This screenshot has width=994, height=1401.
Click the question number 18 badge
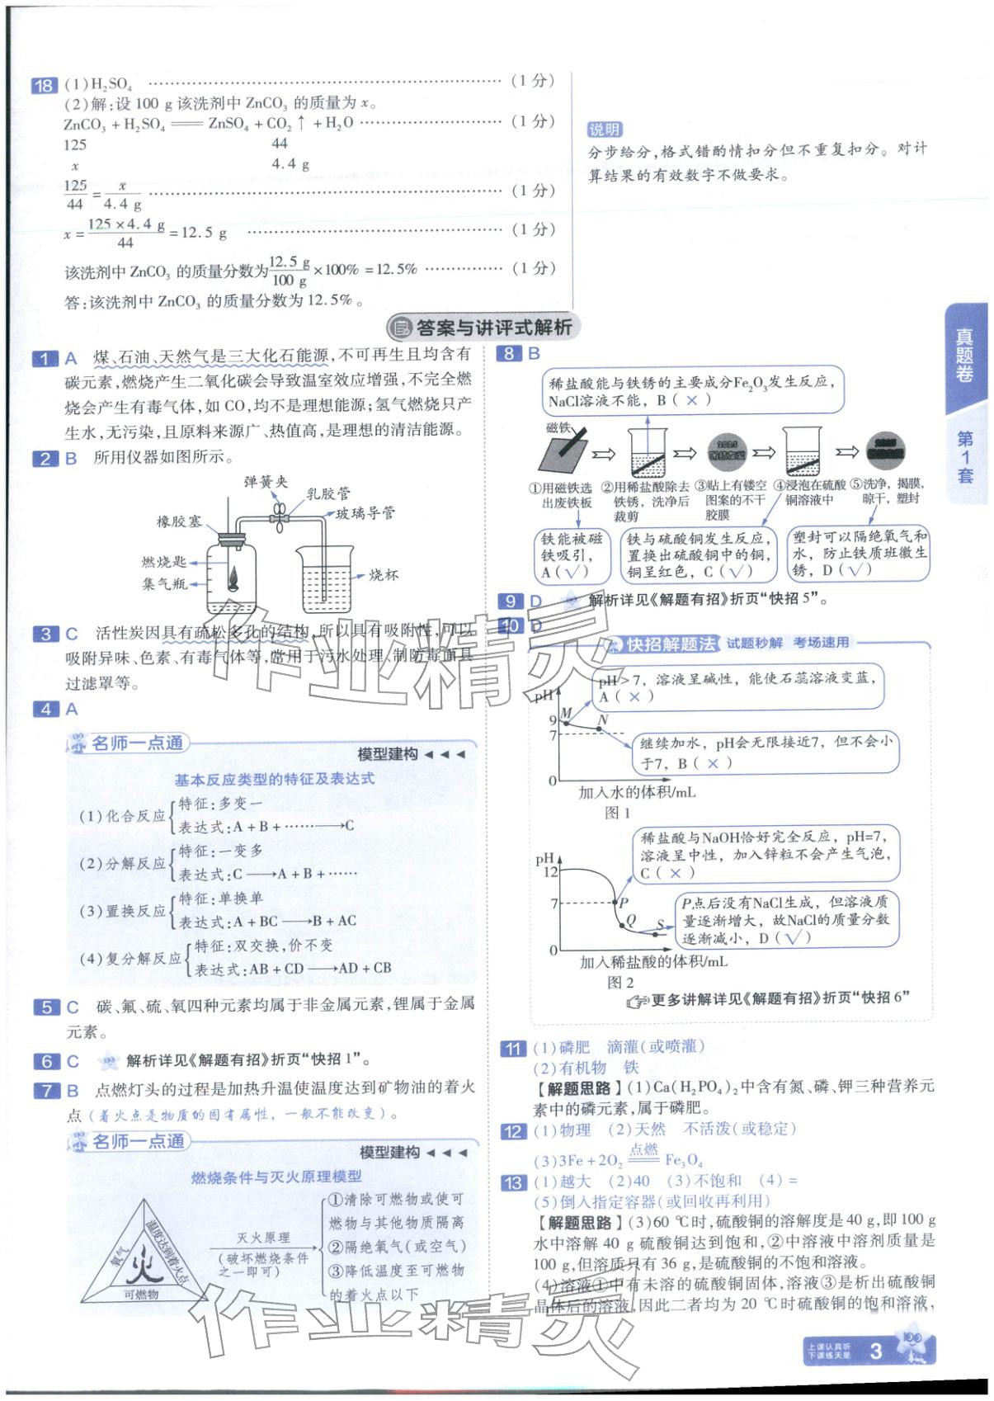(43, 85)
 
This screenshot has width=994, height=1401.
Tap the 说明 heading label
(605, 130)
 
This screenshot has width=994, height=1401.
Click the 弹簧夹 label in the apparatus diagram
(266, 482)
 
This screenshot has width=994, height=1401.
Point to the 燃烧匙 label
(163, 562)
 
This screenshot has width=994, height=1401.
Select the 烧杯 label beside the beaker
(383, 575)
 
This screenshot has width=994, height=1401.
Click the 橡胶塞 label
(179, 521)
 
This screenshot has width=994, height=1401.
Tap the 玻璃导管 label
(365, 513)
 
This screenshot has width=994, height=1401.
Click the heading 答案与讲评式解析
(492, 328)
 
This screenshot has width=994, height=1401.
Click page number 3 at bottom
(876, 1351)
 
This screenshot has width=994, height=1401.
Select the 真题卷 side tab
(964, 356)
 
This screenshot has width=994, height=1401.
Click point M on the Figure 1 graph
(566, 714)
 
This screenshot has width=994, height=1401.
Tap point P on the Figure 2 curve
(624, 903)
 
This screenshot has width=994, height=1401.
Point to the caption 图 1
(617, 813)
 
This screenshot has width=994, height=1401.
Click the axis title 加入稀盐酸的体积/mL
(653, 962)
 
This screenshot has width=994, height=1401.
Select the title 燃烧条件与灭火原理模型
(276, 1177)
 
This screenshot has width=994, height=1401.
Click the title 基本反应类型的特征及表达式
(274, 779)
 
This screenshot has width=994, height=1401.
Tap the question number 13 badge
(512, 1182)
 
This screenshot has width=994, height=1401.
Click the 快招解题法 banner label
(670, 644)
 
